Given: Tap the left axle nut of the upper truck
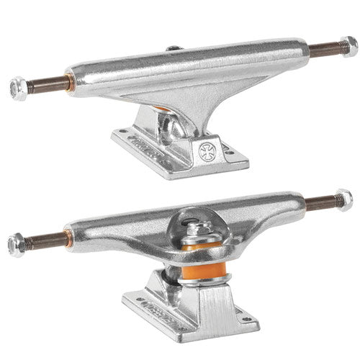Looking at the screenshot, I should pos(19,89).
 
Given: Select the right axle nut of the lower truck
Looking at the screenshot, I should pos(343,199).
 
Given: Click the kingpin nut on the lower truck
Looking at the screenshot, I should pos(196,229).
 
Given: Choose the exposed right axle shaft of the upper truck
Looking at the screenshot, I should pos(323,50).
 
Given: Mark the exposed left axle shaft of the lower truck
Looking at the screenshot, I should pos(43,238).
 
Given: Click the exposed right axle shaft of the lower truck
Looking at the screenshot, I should pos(320,204).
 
